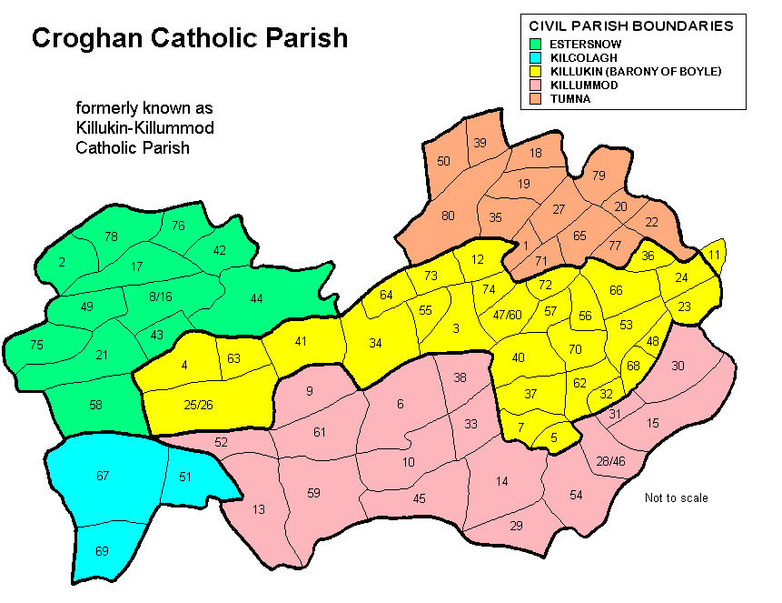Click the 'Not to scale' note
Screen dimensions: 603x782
click(x=676, y=497)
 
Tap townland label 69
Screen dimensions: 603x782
click(x=103, y=551)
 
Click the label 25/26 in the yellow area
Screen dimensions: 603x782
click(x=200, y=404)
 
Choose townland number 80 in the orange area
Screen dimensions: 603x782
click(x=448, y=216)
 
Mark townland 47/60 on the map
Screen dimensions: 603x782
click(x=507, y=315)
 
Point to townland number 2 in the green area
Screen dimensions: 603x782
click(x=62, y=262)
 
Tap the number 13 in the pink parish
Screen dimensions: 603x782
click(x=259, y=509)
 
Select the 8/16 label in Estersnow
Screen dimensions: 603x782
click(x=160, y=296)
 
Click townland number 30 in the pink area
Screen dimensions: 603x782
click(x=678, y=366)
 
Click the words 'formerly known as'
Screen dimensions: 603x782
click(x=144, y=107)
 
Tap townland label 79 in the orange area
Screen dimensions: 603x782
click(x=599, y=175)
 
